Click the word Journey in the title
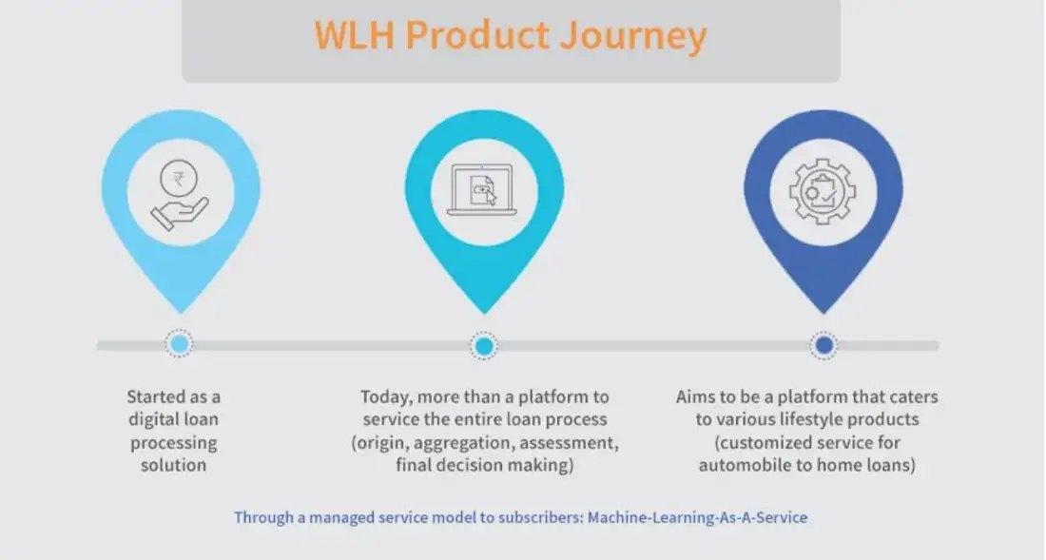click(632, 35)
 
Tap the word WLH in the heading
click(355, 34)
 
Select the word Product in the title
click(477, 34)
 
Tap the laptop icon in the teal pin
click(482, 190)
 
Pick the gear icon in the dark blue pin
click(823, 191)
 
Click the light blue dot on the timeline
click(179, 344)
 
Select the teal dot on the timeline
click(484, 345)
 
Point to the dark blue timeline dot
click(823, 345)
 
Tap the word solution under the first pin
click(173, 465)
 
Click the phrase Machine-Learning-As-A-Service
click(697, 517)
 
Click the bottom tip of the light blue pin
click(180, 313)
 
